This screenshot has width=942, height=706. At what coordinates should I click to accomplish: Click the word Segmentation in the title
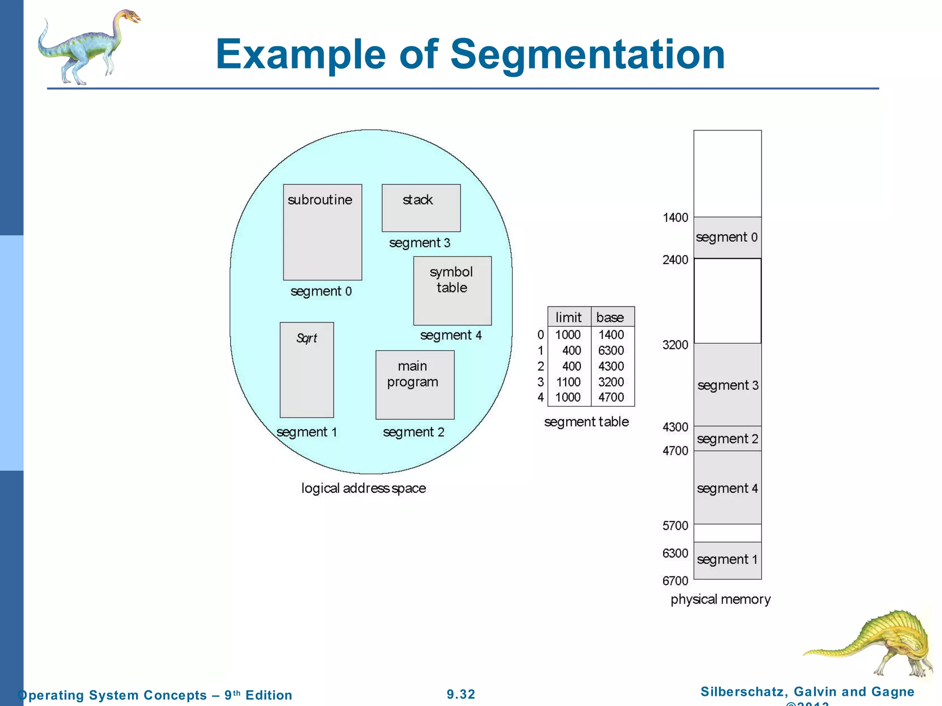pos(587,54)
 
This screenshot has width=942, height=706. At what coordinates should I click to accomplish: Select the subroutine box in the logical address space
pos(322,232)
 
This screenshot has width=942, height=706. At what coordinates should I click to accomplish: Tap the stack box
pos(421,208)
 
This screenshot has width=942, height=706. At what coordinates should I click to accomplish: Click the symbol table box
pos(452,290)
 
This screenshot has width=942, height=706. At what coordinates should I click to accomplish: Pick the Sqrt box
pos(307,370)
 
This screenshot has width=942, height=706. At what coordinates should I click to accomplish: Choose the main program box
pos(415,385)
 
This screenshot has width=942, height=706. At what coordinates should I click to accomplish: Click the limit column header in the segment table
pos(569,317)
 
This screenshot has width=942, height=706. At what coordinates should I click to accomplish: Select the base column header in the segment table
pos(610,317)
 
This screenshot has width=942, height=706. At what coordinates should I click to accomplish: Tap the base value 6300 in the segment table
pos(611,351)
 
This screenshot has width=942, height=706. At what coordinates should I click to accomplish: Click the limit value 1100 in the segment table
pos(569,382)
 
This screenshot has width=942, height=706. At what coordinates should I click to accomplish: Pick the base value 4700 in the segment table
pos(611,397)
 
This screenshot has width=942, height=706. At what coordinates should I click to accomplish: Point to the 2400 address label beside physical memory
pos(675,260)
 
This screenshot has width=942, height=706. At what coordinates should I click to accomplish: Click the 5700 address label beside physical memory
pos(675,525)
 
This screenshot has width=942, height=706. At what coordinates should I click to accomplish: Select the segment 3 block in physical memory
pos(728,385)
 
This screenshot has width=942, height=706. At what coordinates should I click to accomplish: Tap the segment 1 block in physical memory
pos(728,560)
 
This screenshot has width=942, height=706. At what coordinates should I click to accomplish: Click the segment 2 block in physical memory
pos(728,438)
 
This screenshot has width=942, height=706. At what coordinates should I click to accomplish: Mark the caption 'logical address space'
pos(363,488)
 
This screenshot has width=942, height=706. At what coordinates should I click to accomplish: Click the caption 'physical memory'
pos(720,599)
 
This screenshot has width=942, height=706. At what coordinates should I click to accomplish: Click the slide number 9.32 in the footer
pos(461,694)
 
